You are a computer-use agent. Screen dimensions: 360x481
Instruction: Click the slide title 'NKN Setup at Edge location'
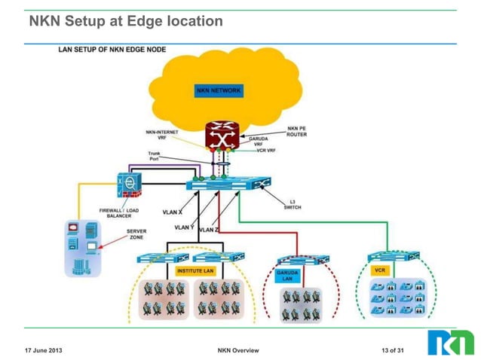click(x=126, y=22)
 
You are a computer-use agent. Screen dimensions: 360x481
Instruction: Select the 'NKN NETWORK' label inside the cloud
click(x=219, y=90)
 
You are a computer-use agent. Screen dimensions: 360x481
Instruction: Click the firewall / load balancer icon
click(x=129, y=186)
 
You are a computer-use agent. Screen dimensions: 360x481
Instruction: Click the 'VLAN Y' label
click(x=184, y=227)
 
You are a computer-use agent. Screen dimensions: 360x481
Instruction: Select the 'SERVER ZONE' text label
click(x=136, y=234)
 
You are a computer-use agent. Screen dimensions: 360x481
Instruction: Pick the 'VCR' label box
click(x=381, y=269)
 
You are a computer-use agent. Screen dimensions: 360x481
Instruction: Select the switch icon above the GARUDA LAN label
click(x=299, y=258)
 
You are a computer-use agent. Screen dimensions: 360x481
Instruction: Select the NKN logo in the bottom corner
click(x=451, y=343)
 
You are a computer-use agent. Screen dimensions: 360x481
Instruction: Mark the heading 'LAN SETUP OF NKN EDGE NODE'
click(x=112, y=50)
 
